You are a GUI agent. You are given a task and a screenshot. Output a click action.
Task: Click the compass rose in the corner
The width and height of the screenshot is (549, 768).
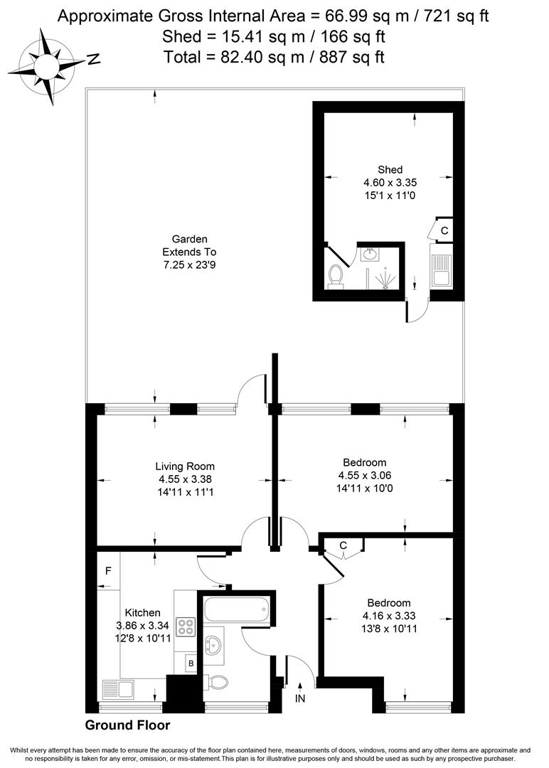[48, 66]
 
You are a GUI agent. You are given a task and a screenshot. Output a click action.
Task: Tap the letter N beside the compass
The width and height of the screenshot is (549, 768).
[94, 59]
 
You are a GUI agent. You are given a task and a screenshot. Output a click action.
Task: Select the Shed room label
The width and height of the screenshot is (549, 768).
[390, 170]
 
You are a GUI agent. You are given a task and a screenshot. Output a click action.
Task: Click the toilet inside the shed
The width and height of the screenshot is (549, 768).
[336, 276]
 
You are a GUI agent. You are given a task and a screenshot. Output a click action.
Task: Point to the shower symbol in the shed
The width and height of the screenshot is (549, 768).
[387, 279]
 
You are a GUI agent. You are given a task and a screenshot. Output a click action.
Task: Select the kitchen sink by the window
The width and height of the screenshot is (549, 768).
[118, 690]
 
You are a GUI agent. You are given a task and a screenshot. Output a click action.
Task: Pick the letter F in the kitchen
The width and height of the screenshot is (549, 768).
[108, 570]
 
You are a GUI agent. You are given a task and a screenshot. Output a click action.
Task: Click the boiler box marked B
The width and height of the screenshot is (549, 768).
[191, 664]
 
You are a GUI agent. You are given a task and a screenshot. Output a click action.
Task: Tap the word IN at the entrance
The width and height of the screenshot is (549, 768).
[299, 699]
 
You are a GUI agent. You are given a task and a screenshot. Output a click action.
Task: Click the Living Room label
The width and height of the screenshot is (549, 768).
[185, 466]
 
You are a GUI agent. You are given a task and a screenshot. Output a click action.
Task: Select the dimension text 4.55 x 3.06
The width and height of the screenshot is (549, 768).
[364, 475]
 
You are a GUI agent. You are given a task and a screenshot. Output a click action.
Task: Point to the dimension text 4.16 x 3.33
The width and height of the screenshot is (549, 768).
[389, 616]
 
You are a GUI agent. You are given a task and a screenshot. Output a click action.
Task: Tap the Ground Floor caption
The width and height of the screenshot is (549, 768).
[128, 725]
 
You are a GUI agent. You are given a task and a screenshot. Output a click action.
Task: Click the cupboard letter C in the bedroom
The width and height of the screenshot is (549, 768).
[343, 545]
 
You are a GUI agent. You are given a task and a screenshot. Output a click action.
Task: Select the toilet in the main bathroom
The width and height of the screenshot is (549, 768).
[216, 681]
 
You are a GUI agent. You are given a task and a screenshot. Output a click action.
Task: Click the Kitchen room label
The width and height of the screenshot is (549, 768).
[142, 613]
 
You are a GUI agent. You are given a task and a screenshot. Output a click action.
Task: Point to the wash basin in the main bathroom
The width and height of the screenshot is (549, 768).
[213, 645]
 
